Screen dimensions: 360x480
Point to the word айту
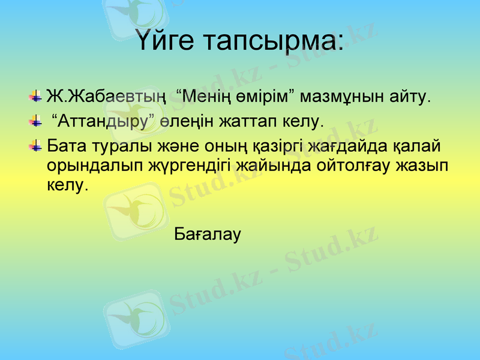point(410,97)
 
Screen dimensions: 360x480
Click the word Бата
point(66,146)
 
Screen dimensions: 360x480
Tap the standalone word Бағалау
point(208,234)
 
